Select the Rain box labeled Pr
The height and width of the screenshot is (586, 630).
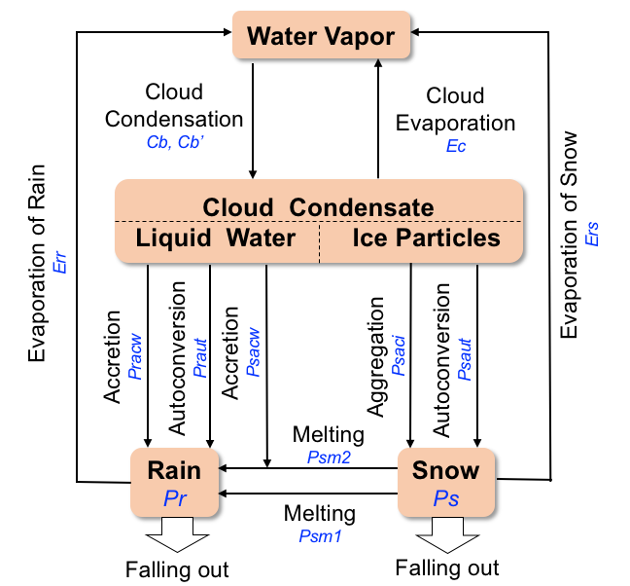[174, 483]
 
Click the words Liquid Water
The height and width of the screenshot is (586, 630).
[216, 238]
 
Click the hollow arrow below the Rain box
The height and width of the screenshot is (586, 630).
[176, 535]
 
